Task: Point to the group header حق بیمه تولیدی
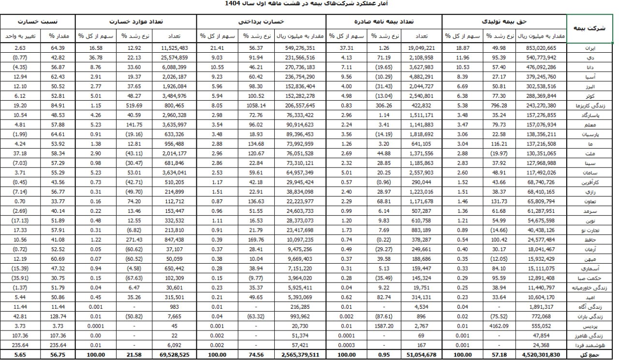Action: point(504,22)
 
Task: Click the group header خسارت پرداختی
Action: point(262,22)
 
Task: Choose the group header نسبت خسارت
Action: point(38,22)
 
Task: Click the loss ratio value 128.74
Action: point(57,317)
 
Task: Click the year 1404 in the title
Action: point(234,3)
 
